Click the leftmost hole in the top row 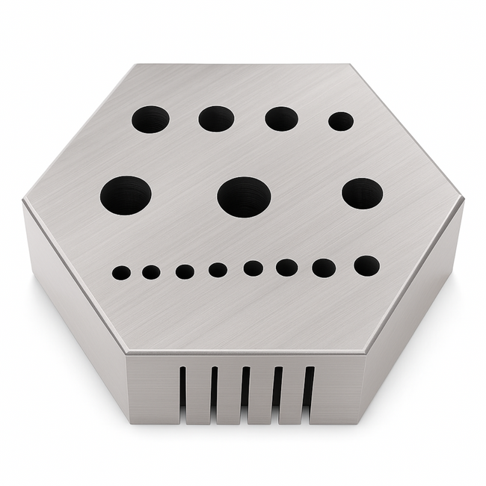pyautogui.click(x=150, y=119)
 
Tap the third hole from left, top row pyautogui.click(x=281, y=118)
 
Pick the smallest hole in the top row pyautogui.click(x=341, y=121)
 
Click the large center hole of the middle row pyautogui.click(x=244, y=197)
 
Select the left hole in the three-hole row pyautogui.click(x=126, y=194)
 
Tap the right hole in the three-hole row pyautogui.click(x=363, y=193)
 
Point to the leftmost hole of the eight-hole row pyautogui.click(x=121, y=273)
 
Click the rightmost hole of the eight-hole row pyautogui.click(x=366, y=265)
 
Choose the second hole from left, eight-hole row pyautogui.click(x=151, y=272)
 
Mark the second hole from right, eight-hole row pyautogui.click(x=324, y=268)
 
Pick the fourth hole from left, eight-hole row pyautogui.click(x=218, y=270)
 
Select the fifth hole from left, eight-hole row pyautogui.click(x=253, y=268)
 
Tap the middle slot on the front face pyautogui.click(x=244, y=389)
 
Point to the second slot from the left pyautogui.click(x=214, y=389)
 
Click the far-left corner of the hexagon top pyautogui.click(x=24, y=200)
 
